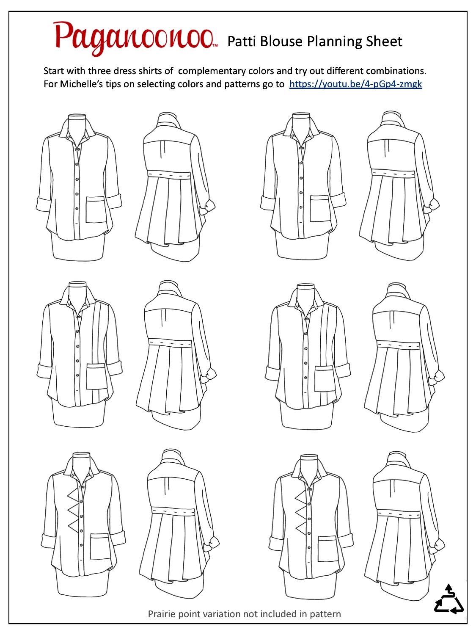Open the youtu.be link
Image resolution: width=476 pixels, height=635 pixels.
click(x=355, y=84)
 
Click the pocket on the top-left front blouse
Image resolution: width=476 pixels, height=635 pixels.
click(x=96, y=210)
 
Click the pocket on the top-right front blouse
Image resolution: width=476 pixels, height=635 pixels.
click(x=320, y=208)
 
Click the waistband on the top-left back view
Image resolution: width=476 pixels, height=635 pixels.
click(x=169, y=175)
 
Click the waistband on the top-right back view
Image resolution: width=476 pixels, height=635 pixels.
click(x=393, y=174)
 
